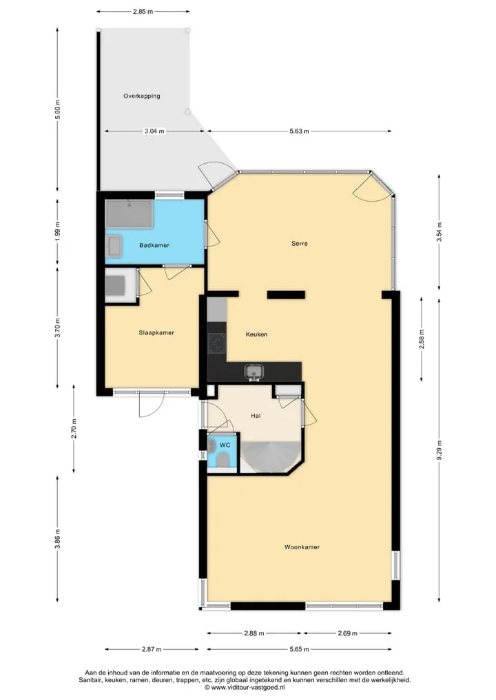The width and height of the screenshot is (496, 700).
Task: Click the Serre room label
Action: [x=300, y=244]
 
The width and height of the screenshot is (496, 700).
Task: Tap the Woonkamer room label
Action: [x=302, y=547]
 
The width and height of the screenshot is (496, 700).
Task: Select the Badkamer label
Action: [x=154, y=245]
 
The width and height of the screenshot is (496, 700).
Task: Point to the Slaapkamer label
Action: [x=156, y=332]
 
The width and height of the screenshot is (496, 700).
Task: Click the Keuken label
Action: [x=256, y=334]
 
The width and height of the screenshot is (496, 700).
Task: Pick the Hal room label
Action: [x=256, y=416]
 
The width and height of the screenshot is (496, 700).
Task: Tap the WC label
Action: [x=225, y=445]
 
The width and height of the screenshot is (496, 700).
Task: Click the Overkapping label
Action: [x=142, y=96]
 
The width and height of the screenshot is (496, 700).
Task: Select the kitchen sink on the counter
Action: [x=254, y=372]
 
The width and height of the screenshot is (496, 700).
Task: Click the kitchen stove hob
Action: [x=217, y=343]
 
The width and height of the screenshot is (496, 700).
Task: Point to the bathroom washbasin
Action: [x=114, y=246]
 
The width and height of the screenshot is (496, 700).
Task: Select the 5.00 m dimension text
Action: [x=57, y=110]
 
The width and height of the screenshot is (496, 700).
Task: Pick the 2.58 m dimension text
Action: [x=422, y=339]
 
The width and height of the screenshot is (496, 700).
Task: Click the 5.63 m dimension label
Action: [x=299, y=131]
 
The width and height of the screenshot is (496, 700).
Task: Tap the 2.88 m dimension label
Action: [x=254, y=633]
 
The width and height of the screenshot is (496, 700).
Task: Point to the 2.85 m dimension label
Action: [x=143, y=12]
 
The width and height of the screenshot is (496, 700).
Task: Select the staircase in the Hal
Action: [x=270, y=456]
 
